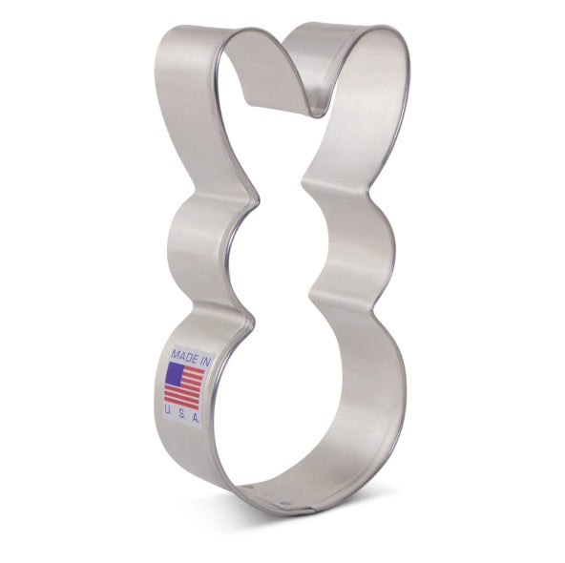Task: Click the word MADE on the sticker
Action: coord(185,357)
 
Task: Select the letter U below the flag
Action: coord(168,410)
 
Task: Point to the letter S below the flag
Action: coord(182,414)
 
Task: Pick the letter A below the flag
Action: coord(196,418)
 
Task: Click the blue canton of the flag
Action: coord(175,374)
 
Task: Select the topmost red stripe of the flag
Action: coord(195,370)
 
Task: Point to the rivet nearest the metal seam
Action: coord(285,503)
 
